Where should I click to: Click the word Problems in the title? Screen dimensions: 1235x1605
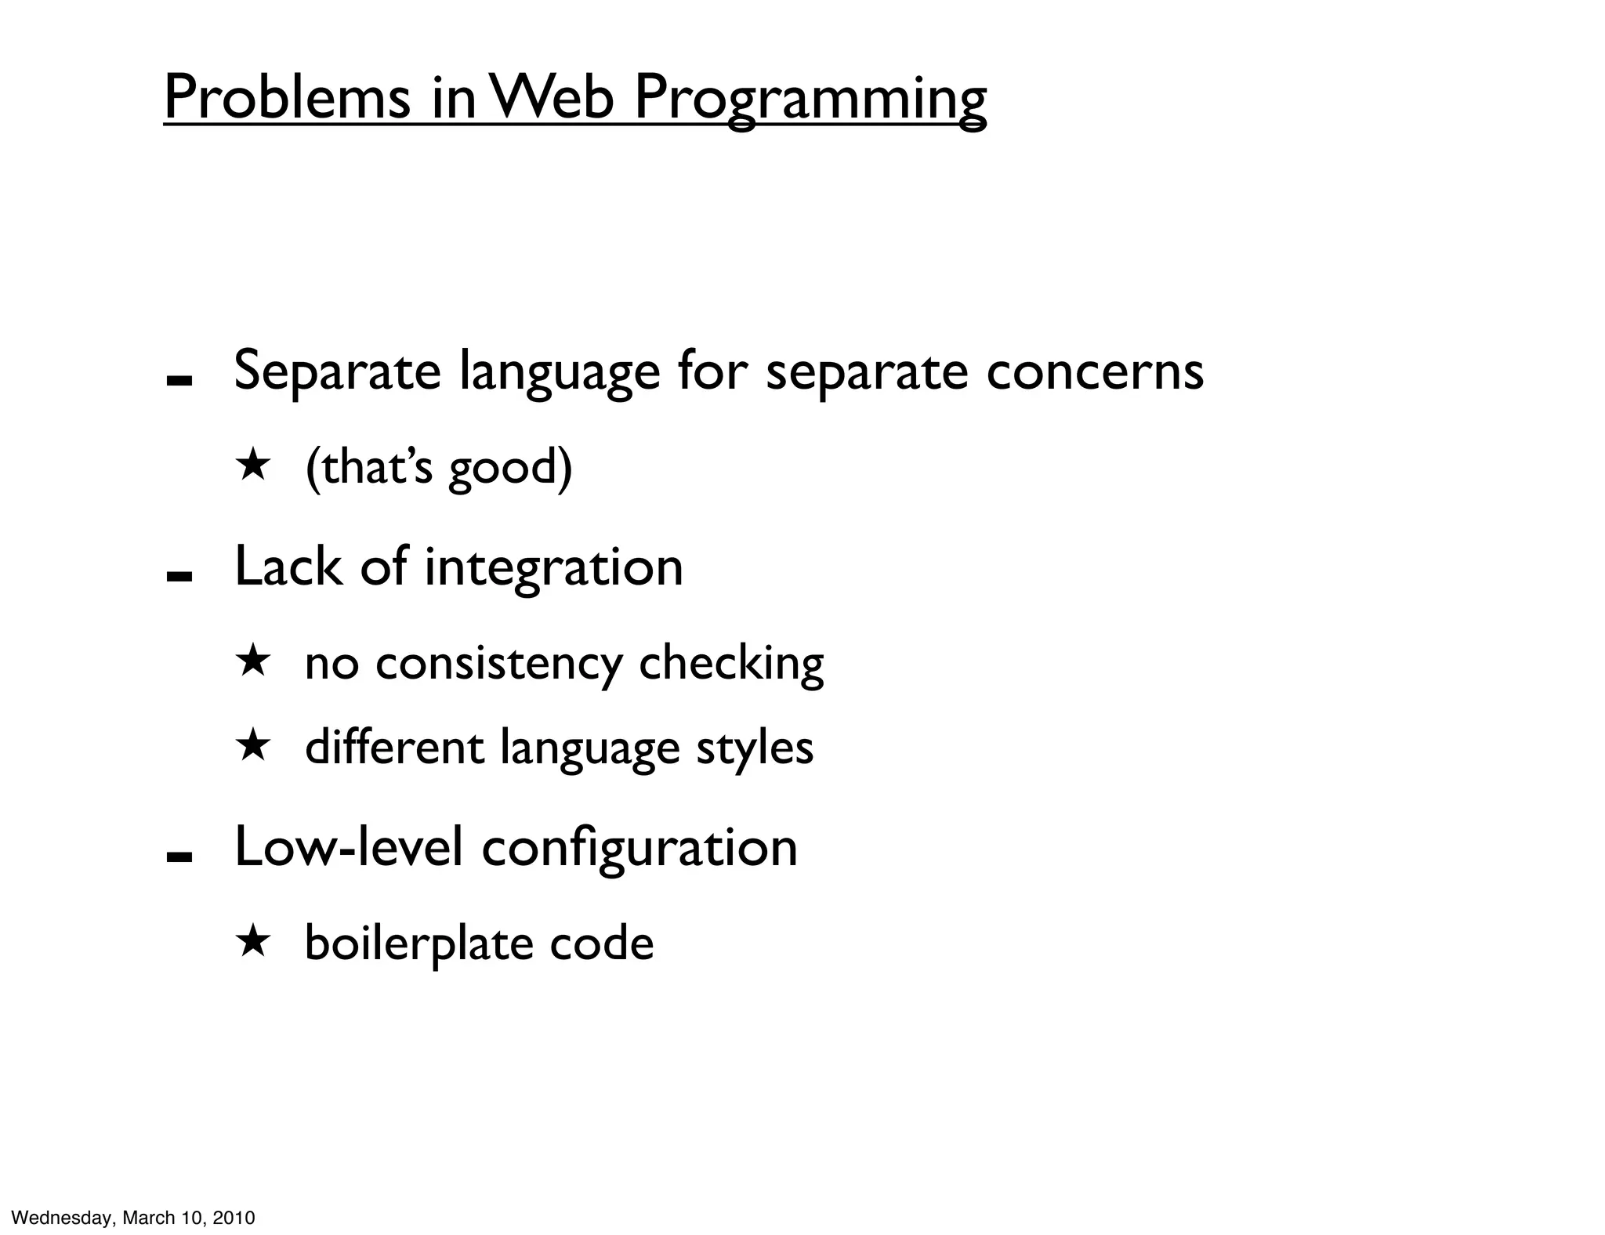[x=287, y=98]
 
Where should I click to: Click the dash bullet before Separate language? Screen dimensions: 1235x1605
[x=179, y=381]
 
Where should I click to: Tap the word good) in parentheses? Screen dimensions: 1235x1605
[x=510, y=468]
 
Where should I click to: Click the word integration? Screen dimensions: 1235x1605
[x=553, y=567]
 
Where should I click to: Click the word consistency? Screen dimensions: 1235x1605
[x=498, y=664]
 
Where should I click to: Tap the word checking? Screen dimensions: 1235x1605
[x=731, y=664]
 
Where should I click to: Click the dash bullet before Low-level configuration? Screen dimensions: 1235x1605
[x=179, y=857]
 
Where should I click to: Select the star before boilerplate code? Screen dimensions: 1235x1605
[x=253, y=941]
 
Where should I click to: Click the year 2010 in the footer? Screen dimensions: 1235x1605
[x=234, y=1218]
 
